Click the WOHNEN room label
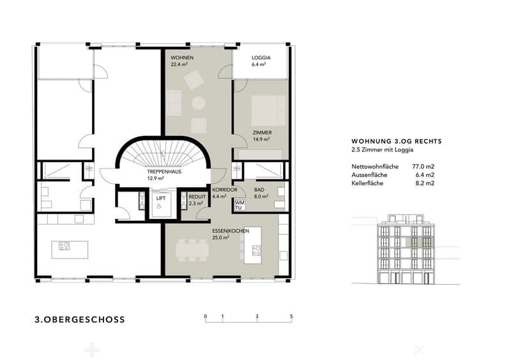[182, 57]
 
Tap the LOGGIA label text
[261, 57]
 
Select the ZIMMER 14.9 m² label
[262, 136]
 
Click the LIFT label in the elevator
[161, 198]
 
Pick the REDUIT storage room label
[197, 197]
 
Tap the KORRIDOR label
[225, 190]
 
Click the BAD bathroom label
[259, 190]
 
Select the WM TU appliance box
[240, 206]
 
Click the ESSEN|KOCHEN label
[231, 231]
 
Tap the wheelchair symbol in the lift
[159, 206]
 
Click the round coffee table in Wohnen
[199, 103]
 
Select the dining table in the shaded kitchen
[192, 250]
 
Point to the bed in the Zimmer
[268, 110]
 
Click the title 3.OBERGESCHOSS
[80, 319]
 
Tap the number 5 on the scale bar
[291, 317]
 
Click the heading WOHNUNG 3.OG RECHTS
[397, 142]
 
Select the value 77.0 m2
[423, 167]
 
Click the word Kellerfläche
[367, 183]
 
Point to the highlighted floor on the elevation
[419, 242]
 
